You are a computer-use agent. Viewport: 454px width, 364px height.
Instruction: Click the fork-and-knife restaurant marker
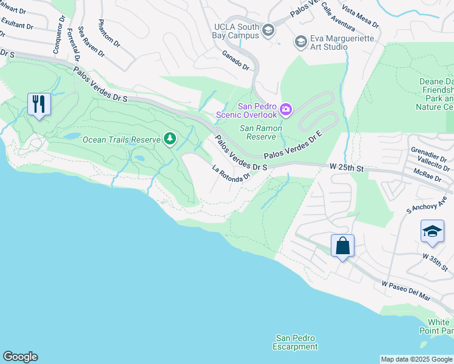39,104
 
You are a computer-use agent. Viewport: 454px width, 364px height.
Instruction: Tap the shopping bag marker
342,246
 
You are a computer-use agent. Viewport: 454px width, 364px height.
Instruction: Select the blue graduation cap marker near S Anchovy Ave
432,232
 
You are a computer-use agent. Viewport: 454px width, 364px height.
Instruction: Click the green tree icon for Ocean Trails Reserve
171,140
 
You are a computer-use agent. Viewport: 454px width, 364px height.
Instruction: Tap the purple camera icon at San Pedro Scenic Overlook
285,110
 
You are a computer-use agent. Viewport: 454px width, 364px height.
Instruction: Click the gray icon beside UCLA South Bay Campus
268,30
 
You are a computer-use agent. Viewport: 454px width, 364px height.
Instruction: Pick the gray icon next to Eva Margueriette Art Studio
300,42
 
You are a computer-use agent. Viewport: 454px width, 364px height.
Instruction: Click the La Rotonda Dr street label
231,174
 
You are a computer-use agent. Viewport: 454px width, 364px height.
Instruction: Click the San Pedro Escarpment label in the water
296,342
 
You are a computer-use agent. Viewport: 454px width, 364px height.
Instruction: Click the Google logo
20,357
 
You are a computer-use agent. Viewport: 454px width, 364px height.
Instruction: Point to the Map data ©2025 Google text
416,359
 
